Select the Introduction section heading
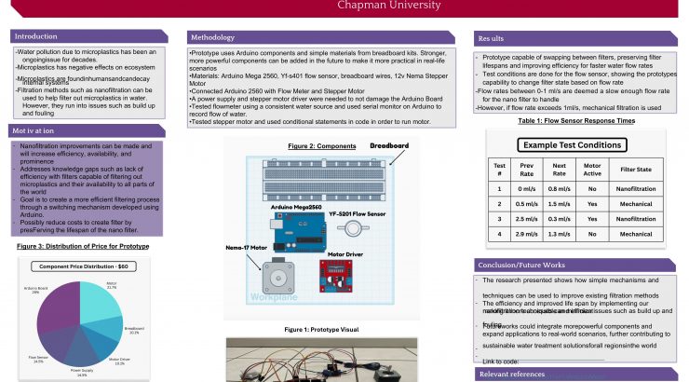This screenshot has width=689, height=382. pyautogui.click(x=36, y=36)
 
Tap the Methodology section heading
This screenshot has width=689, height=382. pyautogui.click(x=211, y=37)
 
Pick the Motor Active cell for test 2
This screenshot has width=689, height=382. pyautogui.click(x=591, y=203)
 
